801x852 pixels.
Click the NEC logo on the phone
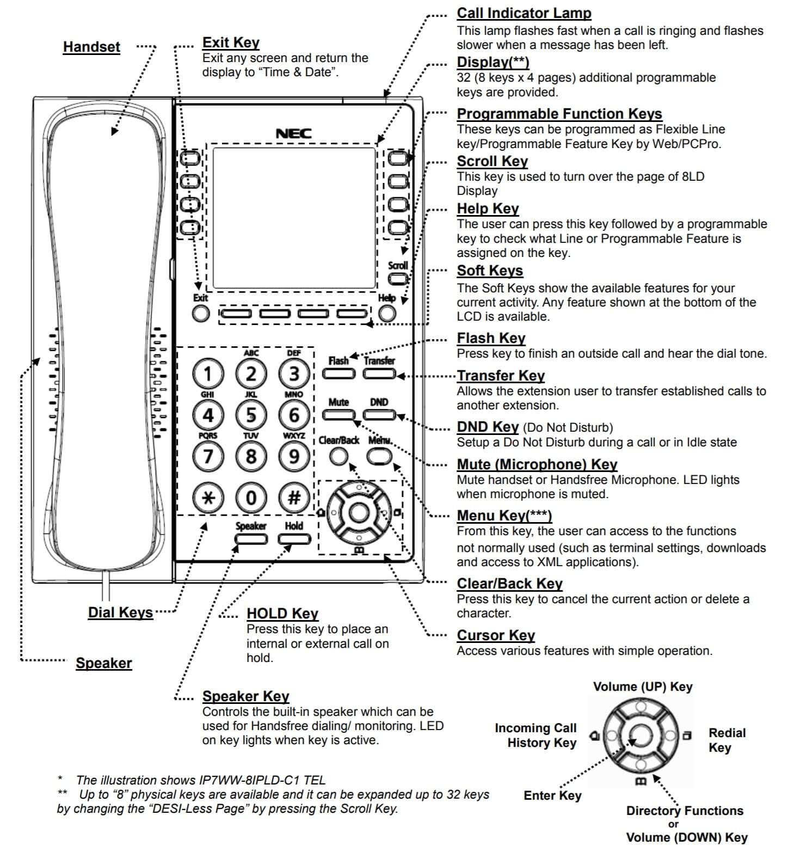click(x=293, y=133)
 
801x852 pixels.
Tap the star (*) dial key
click(x=208, y=498)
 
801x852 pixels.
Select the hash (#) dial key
click(x=294, y=498)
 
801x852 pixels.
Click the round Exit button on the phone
click(x=201, y=314)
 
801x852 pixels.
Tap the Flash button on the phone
click(x=338, y=374)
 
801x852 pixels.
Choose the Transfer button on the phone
click(x=379, y=374)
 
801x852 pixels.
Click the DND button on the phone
click(x=379, y=415)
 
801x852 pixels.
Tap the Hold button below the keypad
click(x=294, y=539)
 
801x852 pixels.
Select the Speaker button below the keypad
click(x=251, y=539)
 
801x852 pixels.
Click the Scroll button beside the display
click(x=398, y=279)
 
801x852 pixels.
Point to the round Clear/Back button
click(x=338, y=457)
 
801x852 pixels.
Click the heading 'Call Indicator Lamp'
click(x=523, y=13)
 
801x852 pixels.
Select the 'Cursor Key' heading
click(x=495, y=635)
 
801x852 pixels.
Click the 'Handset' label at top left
click(x=91, y=47)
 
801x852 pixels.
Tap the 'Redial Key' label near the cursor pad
click(x=726, y=740)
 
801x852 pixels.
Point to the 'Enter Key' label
click(x=552, y=795)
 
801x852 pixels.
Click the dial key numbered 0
click(x=251, y=498)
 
